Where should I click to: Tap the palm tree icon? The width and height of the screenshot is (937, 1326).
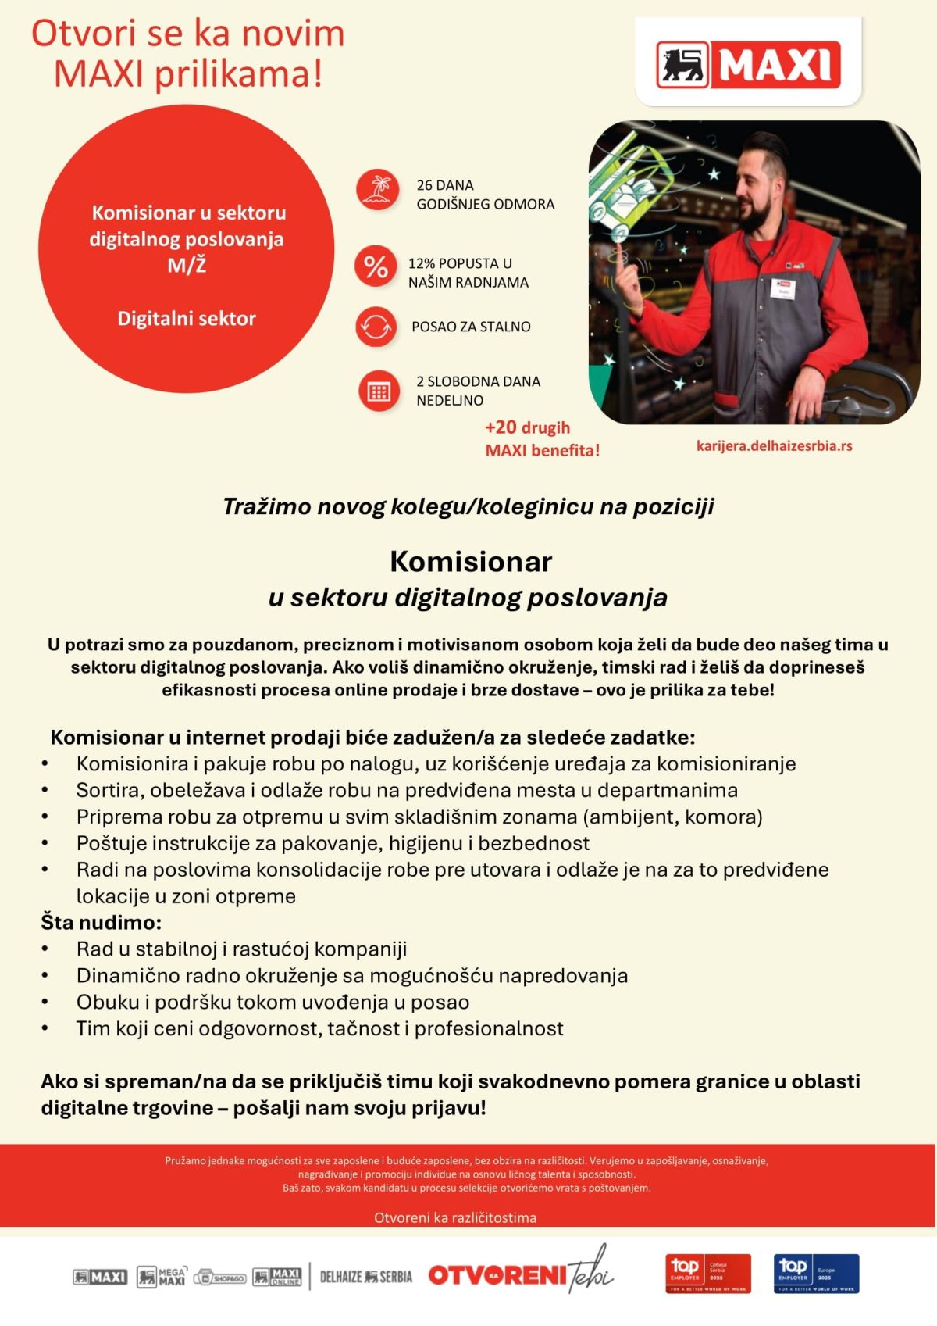(377, 190)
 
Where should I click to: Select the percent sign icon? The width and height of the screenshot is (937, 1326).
(376, 267)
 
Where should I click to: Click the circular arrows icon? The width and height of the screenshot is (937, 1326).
(376, 327)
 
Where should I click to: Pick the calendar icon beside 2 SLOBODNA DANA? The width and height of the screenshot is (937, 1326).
(379, 391)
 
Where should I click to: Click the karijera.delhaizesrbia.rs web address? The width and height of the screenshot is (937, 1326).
(774, 446)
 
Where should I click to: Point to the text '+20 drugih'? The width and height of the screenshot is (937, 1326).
(527, 427)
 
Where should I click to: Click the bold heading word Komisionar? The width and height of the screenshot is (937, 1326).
(471, 561)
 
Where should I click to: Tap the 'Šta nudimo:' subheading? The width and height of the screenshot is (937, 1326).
(102, 923)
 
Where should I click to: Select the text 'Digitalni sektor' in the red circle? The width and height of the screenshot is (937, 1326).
(187, 319)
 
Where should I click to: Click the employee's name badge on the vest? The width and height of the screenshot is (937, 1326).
(782, 290)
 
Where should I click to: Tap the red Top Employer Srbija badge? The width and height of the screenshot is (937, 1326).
(707, 1274)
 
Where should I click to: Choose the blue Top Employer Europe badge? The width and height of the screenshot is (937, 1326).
(816, 1274)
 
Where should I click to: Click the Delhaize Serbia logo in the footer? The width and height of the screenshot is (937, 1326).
(366, 1277)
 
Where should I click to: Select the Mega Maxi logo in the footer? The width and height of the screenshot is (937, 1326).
(161, 1277)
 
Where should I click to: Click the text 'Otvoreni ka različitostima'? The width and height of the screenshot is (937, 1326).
(455, 1217)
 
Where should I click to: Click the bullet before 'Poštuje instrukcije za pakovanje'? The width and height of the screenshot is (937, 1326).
(45, 843)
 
